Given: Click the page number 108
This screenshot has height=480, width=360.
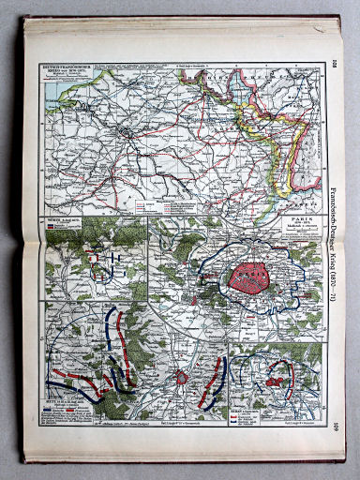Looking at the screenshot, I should tap(335, 65).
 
